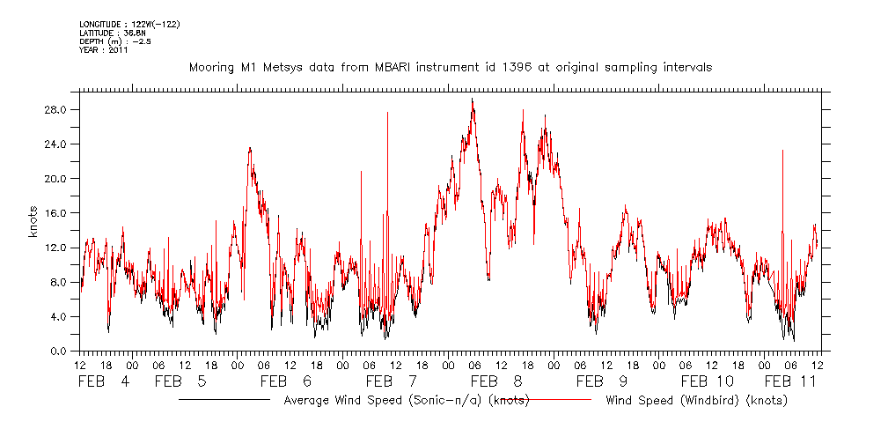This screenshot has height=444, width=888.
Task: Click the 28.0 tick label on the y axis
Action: point(57,110)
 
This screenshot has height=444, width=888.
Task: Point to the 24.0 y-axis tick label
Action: point(57,144)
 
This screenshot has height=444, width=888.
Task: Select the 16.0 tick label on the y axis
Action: point(57,213)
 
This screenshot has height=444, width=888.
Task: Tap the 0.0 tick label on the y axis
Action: point(61,351)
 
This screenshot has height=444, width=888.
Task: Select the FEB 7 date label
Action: point(392,381)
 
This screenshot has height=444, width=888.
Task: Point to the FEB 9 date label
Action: point(602,381)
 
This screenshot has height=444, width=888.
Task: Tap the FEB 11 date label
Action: point(791,381)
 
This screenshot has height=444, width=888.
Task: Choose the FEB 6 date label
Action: point(286,381)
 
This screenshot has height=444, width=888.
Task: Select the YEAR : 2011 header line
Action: point(104,49)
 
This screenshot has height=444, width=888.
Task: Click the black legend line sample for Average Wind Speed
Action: point(224,400)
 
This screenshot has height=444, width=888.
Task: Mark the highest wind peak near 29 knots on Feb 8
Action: point(473,99)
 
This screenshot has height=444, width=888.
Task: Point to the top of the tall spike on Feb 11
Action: point(782,151)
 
